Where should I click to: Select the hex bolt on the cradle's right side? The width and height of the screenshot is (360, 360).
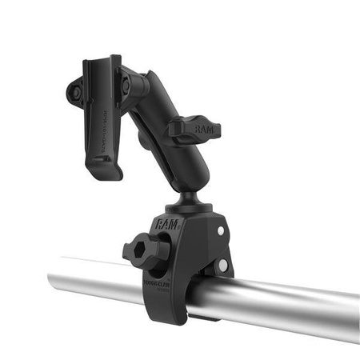pyautogui.click(x=125, y=82)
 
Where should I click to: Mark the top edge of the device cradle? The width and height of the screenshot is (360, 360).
pyautogui.click(x=100, y=58)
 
